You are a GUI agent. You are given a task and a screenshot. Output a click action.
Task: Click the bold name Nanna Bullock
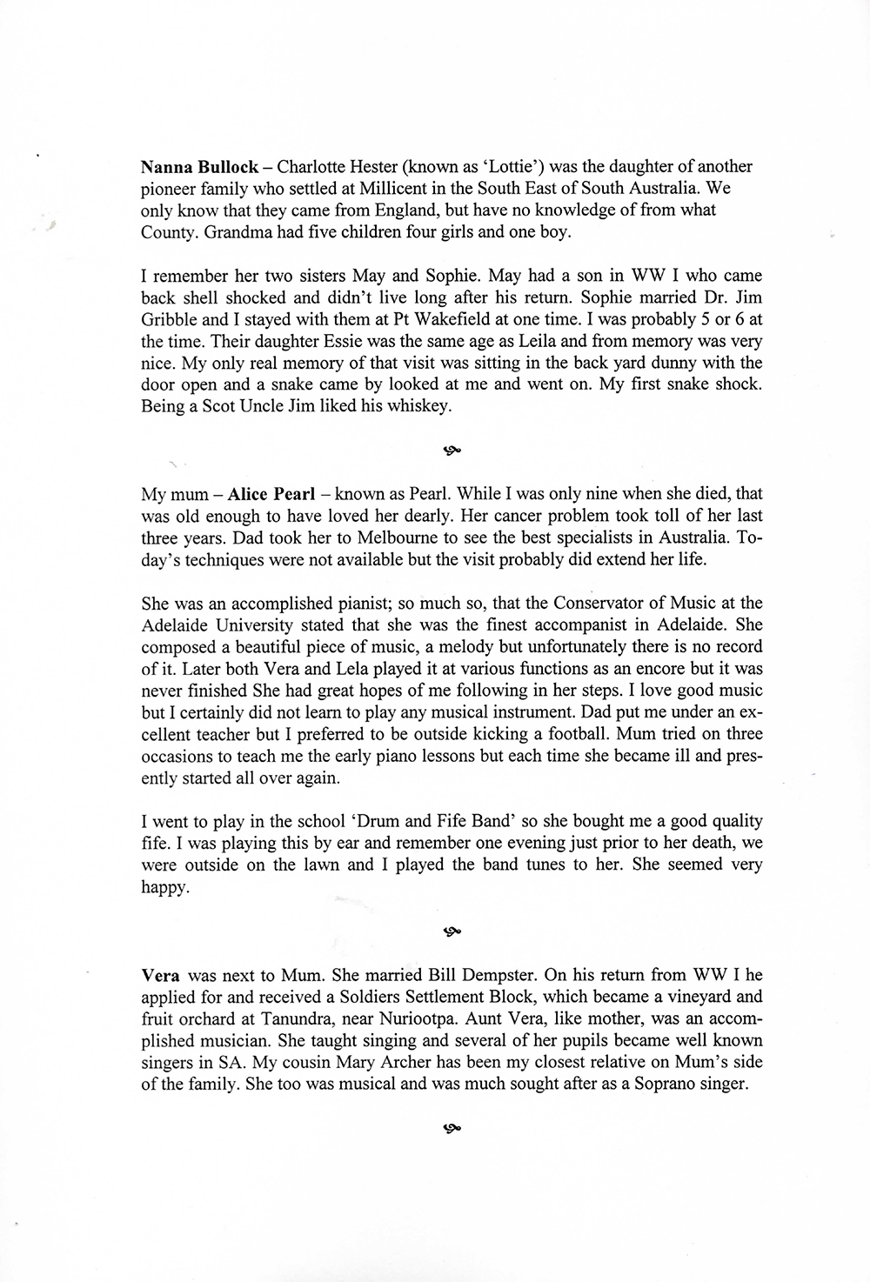[x=199, y=166]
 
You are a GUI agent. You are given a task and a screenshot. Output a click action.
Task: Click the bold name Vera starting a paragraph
[x=160, y=975]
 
